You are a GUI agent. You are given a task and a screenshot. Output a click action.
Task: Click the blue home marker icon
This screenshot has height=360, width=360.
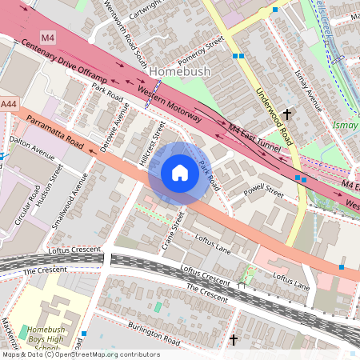click(180, 173)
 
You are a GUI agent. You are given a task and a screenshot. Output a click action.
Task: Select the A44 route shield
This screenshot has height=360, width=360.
click(9, 105)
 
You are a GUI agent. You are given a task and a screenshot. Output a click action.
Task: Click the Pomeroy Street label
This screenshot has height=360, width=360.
click(201, 52)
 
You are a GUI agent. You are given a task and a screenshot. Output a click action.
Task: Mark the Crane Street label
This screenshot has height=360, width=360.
click(173, 230)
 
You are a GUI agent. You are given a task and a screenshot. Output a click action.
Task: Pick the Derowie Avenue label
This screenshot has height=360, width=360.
click(111, 127)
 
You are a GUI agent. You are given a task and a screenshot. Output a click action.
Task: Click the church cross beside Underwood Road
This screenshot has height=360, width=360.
click(286, 116)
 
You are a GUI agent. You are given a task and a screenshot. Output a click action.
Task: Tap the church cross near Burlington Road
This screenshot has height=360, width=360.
click(234, 341)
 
